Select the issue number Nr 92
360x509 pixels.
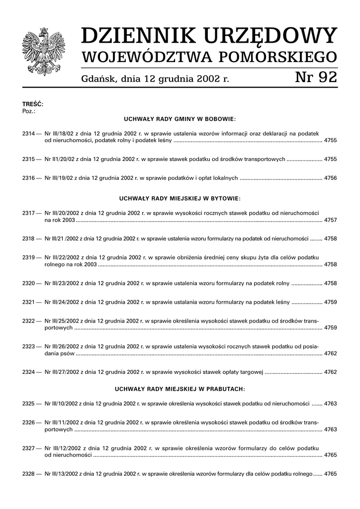point(316,78)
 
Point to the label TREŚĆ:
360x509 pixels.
point(33,104)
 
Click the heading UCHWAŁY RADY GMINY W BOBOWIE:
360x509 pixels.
point(180,119)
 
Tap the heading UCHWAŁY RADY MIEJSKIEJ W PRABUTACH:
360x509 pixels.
point(180,388)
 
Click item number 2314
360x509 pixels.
point(29,133)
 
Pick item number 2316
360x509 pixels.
point(29,177)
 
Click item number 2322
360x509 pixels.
point(29,321)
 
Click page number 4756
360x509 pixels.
point(330,177)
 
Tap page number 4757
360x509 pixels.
point(330,219)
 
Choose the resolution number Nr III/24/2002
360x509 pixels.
point(63,302)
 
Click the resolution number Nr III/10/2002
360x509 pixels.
point(63,403)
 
